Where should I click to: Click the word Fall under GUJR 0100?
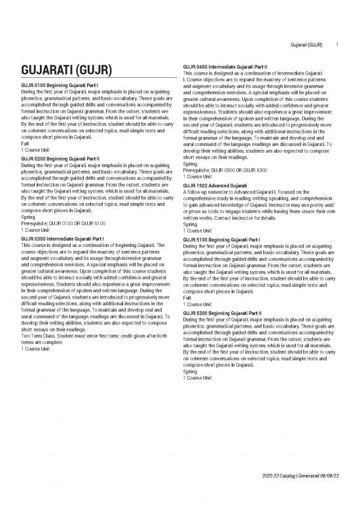click(x=25, y=143)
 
